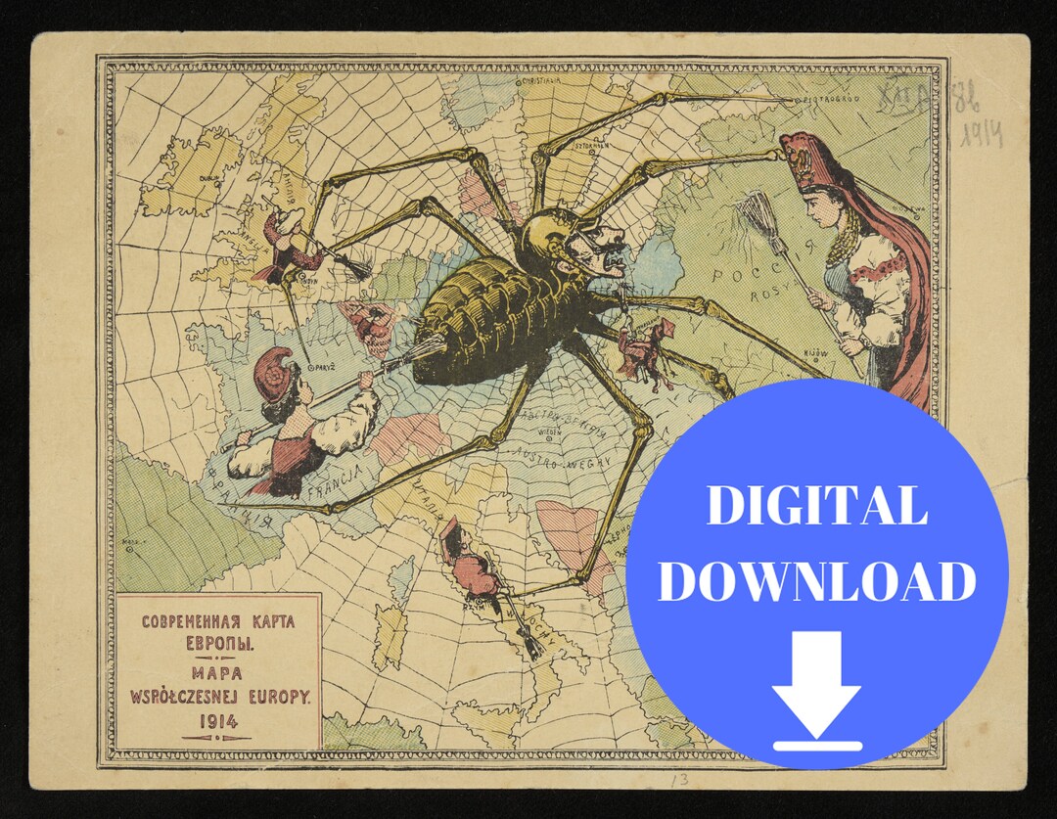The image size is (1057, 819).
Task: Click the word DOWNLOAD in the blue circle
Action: click(817, 581)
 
